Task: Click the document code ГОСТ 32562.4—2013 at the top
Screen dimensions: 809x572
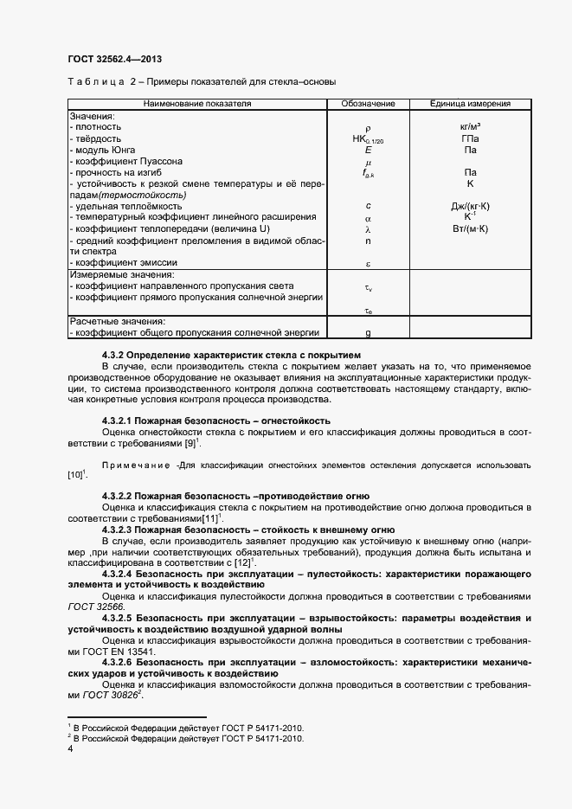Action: click(x=114, y=59)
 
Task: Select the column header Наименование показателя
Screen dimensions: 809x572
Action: click(x=196, y=104)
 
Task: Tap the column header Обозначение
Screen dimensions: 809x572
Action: click(x=368, y=104)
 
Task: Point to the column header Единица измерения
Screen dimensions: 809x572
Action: click(x=470, y=104)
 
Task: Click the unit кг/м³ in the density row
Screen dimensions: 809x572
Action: click(x=470, y=127)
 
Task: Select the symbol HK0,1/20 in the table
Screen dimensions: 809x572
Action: click(x=368, y=139)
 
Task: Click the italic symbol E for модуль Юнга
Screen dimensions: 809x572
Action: click(x=368, y=150)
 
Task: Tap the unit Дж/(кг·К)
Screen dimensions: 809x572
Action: click(x=470, y=206)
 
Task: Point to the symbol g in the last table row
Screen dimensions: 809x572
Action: click(x=368, y=332)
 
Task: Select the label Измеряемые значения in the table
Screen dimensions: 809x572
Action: click(x=114, y=274)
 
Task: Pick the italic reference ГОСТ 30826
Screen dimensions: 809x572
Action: click(x=111, y=696)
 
